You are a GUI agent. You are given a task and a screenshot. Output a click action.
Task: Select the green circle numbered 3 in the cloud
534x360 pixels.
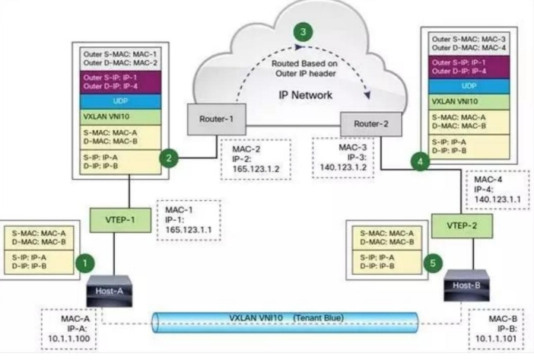pyautogui.click(x=304, y=32)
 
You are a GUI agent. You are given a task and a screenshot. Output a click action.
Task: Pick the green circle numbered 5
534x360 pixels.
pyautogui.click(x=433, y=263)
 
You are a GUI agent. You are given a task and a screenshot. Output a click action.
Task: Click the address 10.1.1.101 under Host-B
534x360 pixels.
pyautogui.click(x=498, y=337)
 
